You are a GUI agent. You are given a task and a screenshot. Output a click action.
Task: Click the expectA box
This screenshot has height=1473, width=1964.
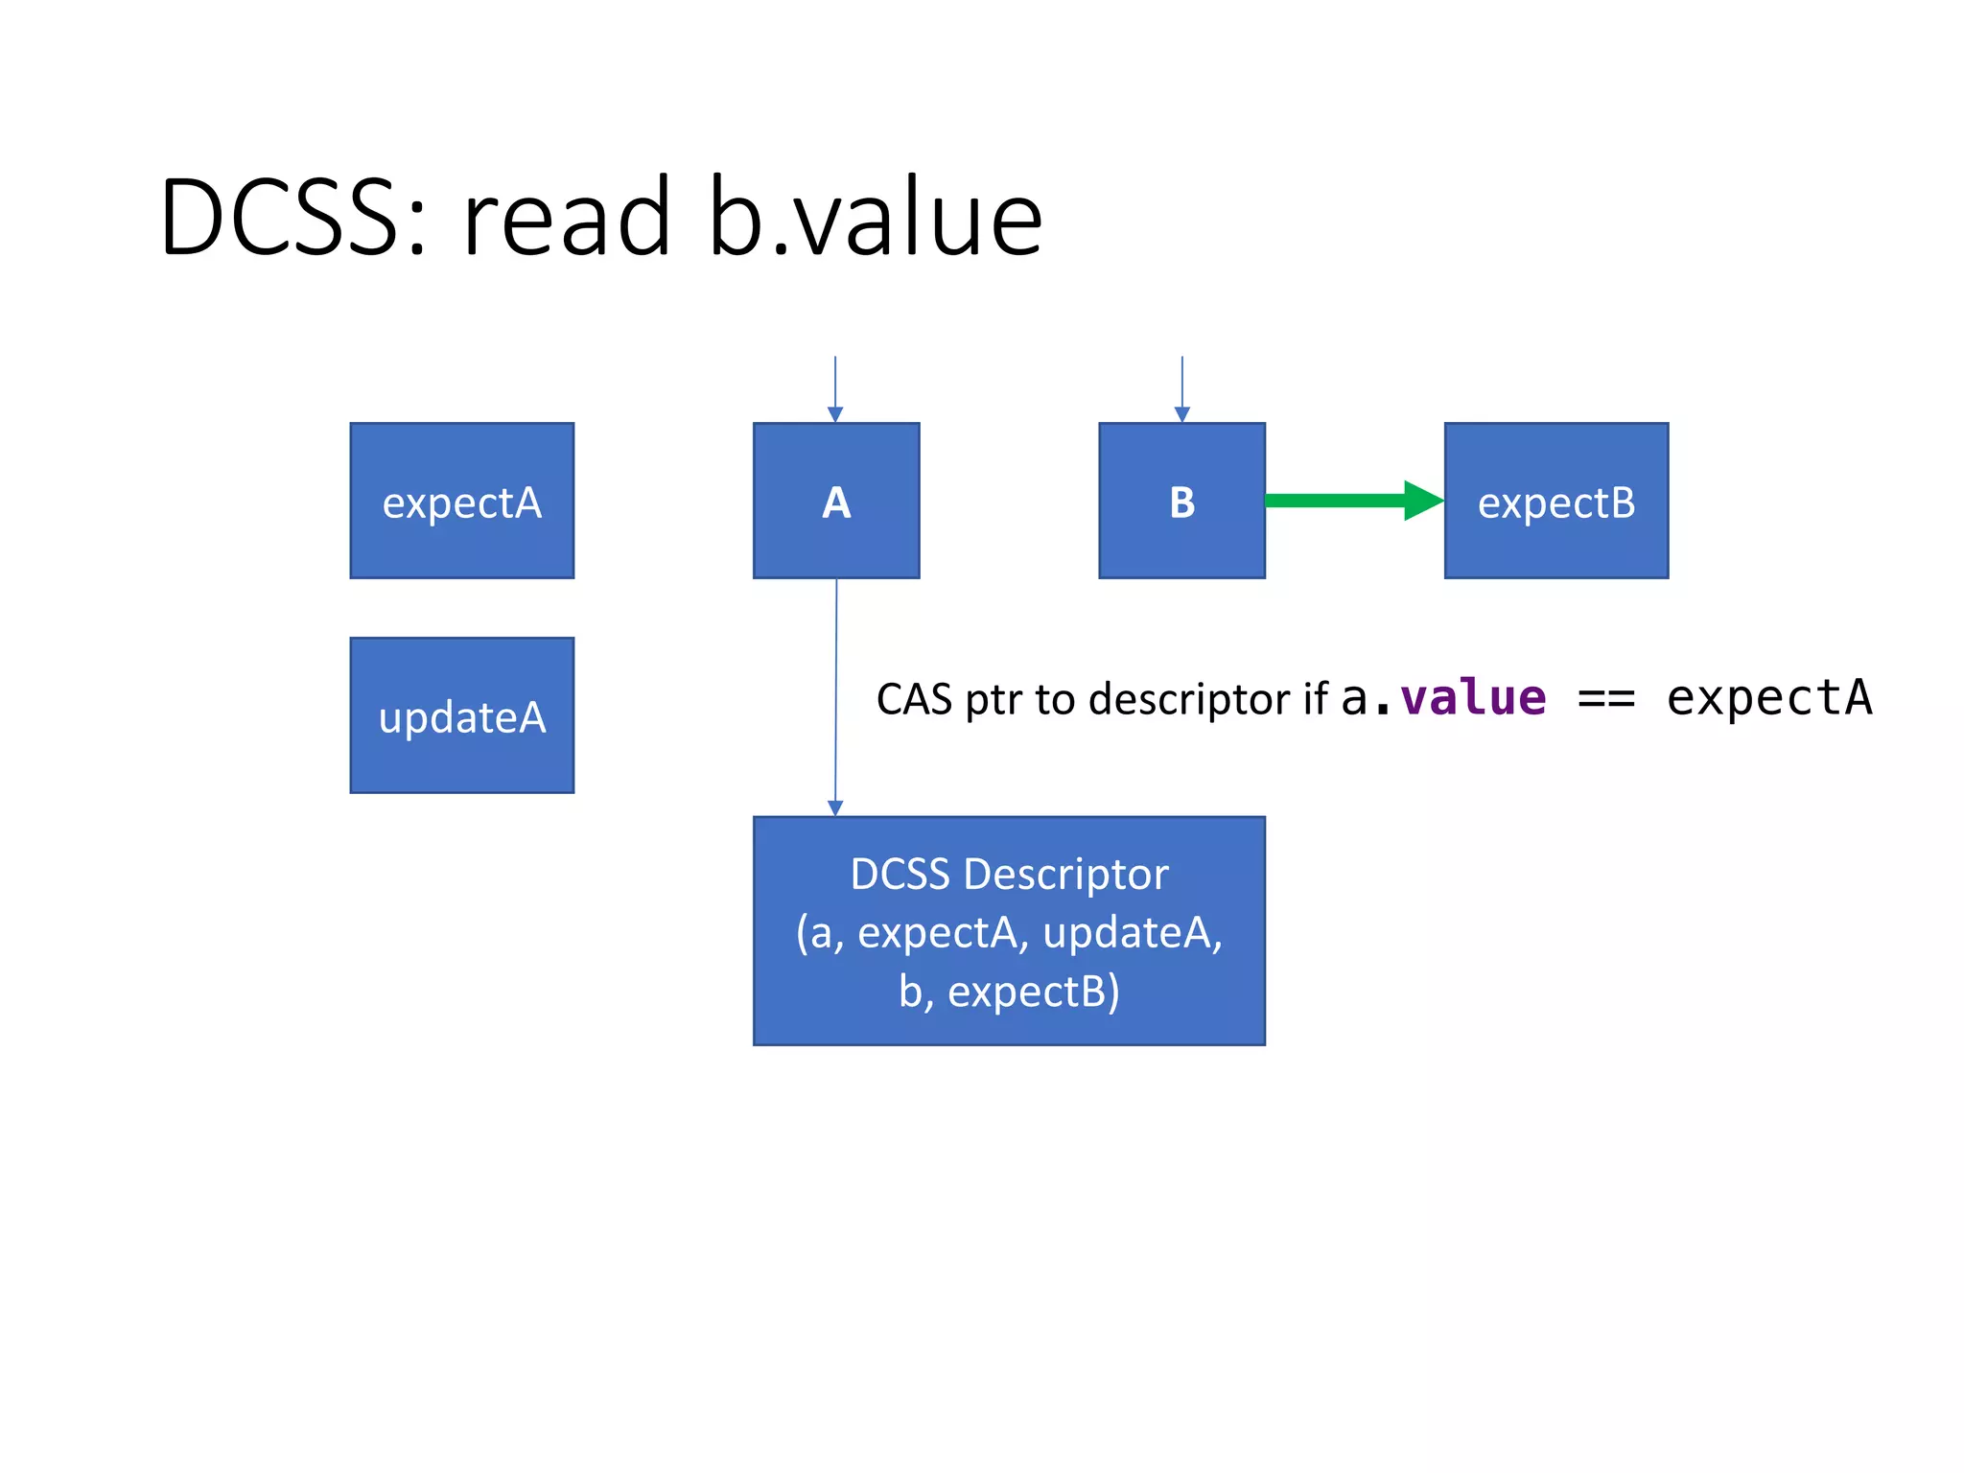tap(461, 501)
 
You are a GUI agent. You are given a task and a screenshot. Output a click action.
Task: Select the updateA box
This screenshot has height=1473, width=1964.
tap(461, 715)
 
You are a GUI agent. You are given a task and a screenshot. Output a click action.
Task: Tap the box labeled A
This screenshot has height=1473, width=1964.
tap(835, 501)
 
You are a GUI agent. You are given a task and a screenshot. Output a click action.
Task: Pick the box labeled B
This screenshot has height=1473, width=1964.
tap(1181, 501)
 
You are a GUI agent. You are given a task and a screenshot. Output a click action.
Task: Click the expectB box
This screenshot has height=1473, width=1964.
tap(1555, 501)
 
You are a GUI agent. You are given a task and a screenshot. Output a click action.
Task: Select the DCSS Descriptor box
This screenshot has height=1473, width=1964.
tap(1009, 930)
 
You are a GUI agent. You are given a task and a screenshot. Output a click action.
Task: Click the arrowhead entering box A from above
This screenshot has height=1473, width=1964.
tap(835, 414)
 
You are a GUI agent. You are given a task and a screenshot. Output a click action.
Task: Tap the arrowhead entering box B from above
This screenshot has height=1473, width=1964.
tap(1181, 414)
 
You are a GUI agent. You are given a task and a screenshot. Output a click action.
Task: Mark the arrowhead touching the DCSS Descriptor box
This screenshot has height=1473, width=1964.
tap(835, 808)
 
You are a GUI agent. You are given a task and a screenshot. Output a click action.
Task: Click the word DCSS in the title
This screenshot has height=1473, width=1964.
tap(278, 219)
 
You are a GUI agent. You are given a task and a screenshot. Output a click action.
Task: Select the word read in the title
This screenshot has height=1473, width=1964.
tap(566, 219)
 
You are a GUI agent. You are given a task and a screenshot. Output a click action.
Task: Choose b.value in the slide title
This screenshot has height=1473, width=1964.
tap(875, 219)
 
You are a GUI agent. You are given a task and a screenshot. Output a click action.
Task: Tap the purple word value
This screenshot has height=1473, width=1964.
tap(1473, 697)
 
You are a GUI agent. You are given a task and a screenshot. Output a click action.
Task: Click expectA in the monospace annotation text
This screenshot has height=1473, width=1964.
tap(1769, 697)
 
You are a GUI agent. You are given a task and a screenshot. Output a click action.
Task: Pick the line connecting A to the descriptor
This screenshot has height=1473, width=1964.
tap(836, 690)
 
